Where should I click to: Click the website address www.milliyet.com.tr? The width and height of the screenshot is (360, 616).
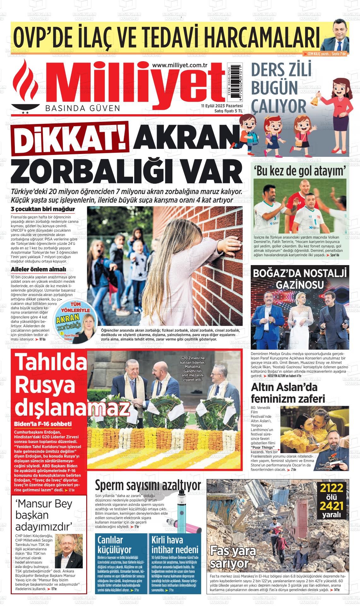pyautogui.click(x=179, y=65)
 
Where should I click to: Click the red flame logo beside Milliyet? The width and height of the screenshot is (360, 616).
pyautogui.click(x=25, y=85)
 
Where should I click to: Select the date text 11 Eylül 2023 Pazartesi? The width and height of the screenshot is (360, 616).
pyautogui.click(x=222, y=106)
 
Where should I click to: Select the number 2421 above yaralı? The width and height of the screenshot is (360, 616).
pyautogui.click(x=331, y=506)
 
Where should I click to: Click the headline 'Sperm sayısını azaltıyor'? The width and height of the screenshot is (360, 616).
pyautogui.click(x=148, y=485)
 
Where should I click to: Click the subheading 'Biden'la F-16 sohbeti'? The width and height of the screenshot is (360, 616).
pyautogui.click(x=43, y=424)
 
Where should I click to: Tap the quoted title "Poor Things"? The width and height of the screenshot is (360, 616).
pyautogui.click(x=262, y=447)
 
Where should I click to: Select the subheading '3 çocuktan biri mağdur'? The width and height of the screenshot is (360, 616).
pyautogui.click(x=43, y=209)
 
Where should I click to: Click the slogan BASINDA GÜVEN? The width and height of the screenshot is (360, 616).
pyautogui.click(x=83, y=108)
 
